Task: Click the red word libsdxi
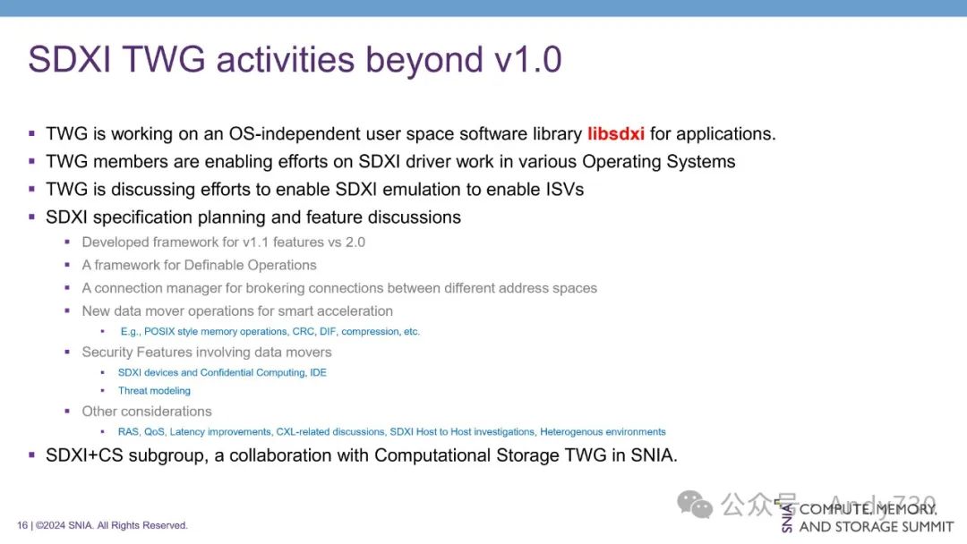pos(615,133)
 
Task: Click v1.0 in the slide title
pos(528,60)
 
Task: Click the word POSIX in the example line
pos(159,331)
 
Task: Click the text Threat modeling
pos(154,391)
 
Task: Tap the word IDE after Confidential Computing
pos(318,373)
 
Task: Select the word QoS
pos(154,432)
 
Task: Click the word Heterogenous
pos(571,432)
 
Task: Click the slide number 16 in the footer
pos(22,525)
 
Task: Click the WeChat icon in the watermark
pos(695,504)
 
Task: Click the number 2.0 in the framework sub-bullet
pos(355,242)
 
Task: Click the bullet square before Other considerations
pos(67,411)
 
